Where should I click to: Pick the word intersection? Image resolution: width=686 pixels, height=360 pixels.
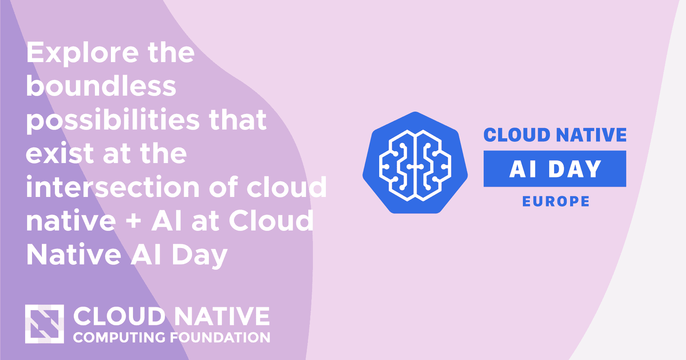pyautogui.click(x=113, y=187)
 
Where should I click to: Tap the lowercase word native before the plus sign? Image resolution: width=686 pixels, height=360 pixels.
pyautogui.click(x=71, y=221)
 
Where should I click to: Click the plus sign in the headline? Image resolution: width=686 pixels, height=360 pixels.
pyautogui.click(x=134, y=221)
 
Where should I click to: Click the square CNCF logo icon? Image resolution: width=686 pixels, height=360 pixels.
pyautogui.click(x=45, y=324)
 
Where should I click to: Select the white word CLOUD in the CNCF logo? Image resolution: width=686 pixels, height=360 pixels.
pyautogui.click(x=119, y=316)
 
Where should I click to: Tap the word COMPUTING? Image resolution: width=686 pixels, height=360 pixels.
pyautogui.click(x=119, y=338)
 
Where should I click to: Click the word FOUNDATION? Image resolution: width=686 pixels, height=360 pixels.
pyautogui.click(x=220, y=338)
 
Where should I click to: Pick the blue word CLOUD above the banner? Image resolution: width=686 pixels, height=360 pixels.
pyautogui.click(x=517, y=135)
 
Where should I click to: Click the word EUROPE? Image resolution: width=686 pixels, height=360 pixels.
pyautogui.click(x=556, y=201)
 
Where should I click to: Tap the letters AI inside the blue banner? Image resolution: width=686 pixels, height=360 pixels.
pyautogui.click(x=523, y=169)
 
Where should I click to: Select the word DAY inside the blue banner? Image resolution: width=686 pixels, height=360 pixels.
pyautogui.click(x=575, y=169)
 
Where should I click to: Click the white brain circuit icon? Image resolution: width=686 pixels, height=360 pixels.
pyautogui.click(x=415, y=165)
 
